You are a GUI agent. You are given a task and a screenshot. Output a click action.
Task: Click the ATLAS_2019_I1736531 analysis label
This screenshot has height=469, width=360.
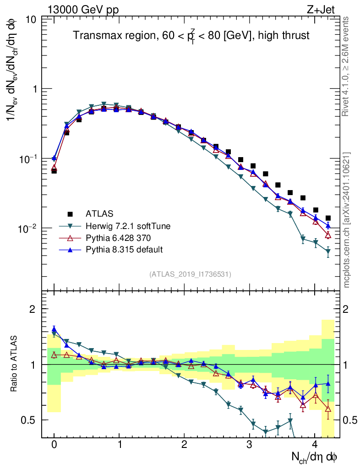[x=190, y=274]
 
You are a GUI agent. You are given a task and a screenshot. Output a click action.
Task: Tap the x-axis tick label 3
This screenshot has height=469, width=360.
[x=249, y=445]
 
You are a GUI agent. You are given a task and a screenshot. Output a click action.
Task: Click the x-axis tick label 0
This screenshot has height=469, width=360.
[x=54, y=445]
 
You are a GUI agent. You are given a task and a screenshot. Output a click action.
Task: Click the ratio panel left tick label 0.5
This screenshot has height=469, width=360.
[x=30, y=420]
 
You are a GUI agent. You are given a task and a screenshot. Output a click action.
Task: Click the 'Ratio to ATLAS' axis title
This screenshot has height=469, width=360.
[x=15, y=364]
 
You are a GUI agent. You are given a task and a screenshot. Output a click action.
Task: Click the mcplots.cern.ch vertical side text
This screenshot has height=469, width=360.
[x=346, y=220]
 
